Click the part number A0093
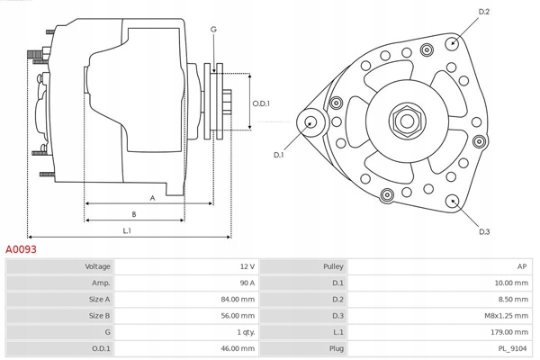point(21,248)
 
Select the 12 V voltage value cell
point(246,267)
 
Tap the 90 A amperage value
point(246,283)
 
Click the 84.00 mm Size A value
point(237,300)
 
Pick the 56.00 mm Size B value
point(237,316)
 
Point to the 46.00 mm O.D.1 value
point(237,348)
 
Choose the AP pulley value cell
point(522,267)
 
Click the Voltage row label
point(98,267)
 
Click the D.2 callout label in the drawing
point(484,12)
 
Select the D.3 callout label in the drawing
point(484,232)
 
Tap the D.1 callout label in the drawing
point(279,155)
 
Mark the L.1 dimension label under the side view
point(128,231)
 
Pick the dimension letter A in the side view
point(152,197)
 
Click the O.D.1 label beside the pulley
point(262,102)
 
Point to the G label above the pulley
point(213,30)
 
